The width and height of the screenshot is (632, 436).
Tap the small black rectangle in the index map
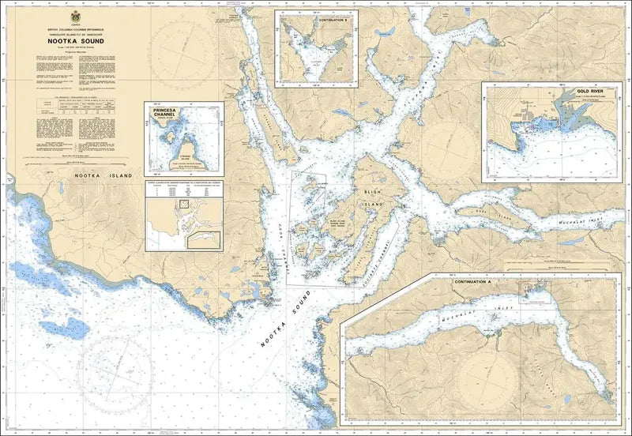[184, 204]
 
